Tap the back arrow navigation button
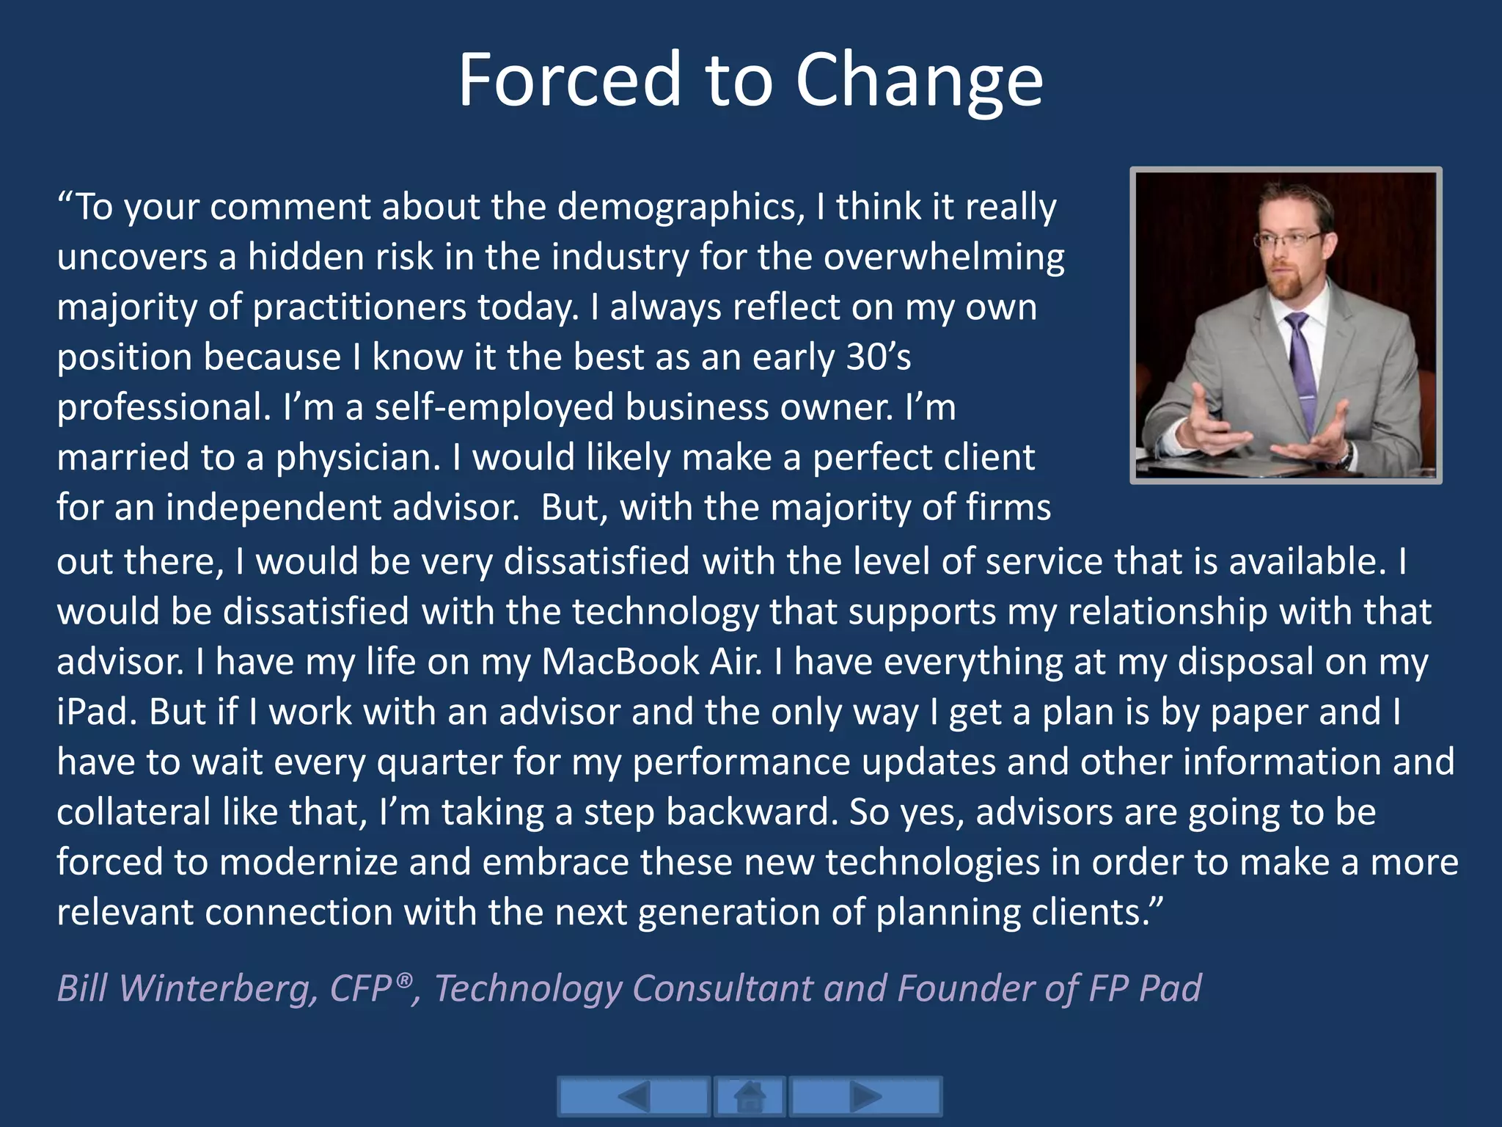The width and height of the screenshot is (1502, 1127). [x=634, y=1097]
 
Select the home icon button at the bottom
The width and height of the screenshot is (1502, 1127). [x=750, y=1097]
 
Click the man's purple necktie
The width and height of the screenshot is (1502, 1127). [x=1303, y=367]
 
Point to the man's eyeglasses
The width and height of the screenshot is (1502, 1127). [x=1292, y=239]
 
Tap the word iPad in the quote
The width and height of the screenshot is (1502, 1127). [x=92, y=712]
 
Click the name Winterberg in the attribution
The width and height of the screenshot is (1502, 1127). [x=219, y=988]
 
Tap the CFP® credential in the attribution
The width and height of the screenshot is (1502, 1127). [x=371, y=988]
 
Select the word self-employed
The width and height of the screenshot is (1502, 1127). [x=494, y=407]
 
